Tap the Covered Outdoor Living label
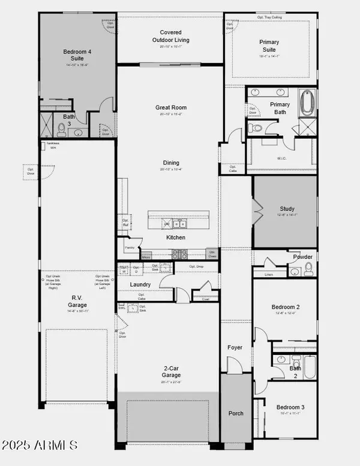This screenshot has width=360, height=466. point(175,35)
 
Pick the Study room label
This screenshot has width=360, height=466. point(287,209)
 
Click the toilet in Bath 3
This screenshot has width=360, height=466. point(61,130)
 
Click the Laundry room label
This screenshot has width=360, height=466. point(140,284)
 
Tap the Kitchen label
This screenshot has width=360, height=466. point(176,237)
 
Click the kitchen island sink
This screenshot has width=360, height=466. point(179,224)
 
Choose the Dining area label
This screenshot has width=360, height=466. point(170,163)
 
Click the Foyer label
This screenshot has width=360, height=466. point(235,348)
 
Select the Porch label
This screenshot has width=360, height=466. point(236,414)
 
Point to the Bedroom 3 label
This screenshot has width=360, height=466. point(290,407)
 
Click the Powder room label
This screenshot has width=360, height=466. point(303,256)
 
